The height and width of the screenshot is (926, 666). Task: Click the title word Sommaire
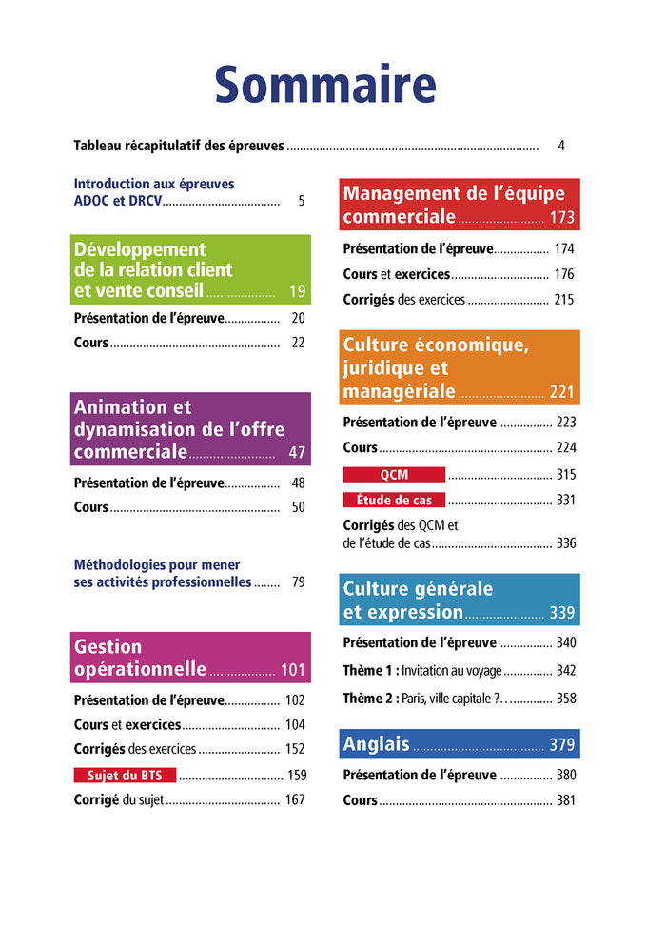point(325,85)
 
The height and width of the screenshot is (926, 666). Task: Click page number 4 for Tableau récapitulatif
point(561,147)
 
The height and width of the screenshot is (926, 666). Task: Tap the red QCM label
point(394,474)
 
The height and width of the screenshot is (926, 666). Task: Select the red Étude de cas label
point(394,500)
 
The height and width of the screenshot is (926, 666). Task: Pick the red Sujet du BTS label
point(125,775)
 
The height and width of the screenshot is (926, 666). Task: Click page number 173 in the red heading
point(561,218)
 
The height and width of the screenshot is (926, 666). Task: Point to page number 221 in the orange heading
point(561,392)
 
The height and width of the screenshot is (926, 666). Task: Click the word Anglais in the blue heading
point(376,744)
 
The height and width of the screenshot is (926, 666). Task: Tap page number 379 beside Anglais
point(561,745)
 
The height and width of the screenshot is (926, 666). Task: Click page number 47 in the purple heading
point(297,452)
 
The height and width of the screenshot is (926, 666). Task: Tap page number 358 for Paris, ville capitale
point(565,699)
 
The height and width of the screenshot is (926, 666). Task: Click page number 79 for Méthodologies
point(298,582)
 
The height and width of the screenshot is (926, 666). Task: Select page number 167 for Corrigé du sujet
point(295,799)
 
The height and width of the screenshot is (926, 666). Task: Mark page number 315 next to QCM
point(565,474)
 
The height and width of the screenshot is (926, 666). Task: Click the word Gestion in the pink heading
point(108,647)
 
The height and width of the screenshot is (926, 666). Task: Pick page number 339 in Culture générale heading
point(561,613)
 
